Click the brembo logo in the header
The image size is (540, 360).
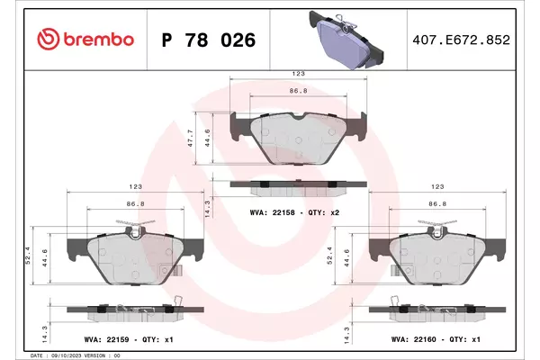point(85,40)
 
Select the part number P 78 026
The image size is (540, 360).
point(209,40)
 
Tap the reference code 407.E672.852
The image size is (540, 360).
point(461,40)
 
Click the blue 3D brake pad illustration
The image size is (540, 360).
point(346,40)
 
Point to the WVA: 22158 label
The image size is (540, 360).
point(273,212)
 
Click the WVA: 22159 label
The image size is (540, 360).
point(106,339)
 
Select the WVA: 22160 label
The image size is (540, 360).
point(414,339)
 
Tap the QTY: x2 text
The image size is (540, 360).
point(324,212)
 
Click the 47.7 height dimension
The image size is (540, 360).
point(191,139)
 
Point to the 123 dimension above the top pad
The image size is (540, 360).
point(298,74)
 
